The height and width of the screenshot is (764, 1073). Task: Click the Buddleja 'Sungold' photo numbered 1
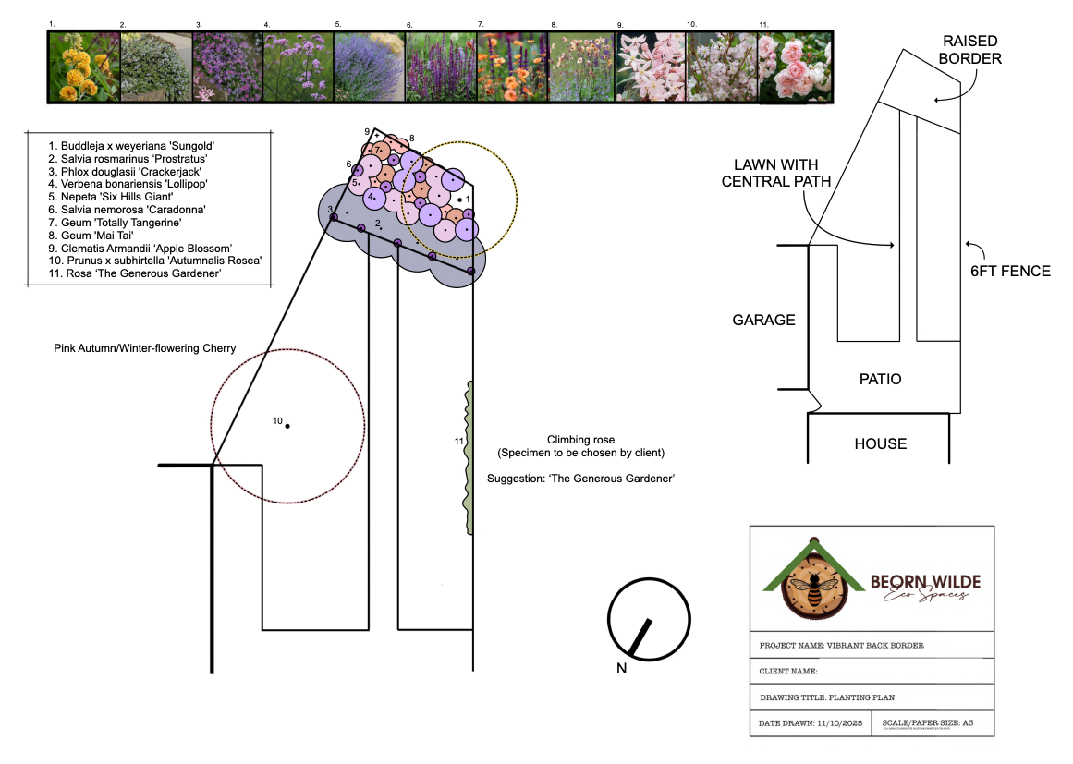pyautogui.click(x=83, y=67)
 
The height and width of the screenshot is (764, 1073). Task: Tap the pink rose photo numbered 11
pyautogui.click(x=795, y=67)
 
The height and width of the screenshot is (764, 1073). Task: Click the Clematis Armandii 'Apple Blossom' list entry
pyautogui.click(x=140, y=248)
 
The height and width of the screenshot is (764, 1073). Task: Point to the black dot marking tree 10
pyautogui.click(x=287, y=426)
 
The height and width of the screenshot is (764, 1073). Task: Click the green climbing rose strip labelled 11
pyautogui.click(x=469, y=457)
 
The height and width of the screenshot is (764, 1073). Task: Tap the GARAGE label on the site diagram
pyautogui.click(x=763, y=321)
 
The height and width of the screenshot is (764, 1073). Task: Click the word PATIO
pyautogui.click(x=880, y=379)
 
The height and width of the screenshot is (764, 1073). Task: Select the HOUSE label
pyautogui.click(x=880, y=443)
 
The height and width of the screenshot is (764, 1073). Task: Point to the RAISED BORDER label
pyautogui.click(x=971, y=50)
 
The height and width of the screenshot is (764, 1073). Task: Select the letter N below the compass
pyautogui.click(x=622, y=669)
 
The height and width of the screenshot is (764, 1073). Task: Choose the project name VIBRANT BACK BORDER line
pyautogui.click(x=841, y=646)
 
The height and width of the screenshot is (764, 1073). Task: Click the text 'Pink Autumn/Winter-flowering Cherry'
pyautogui.click(x=145, y=348)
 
